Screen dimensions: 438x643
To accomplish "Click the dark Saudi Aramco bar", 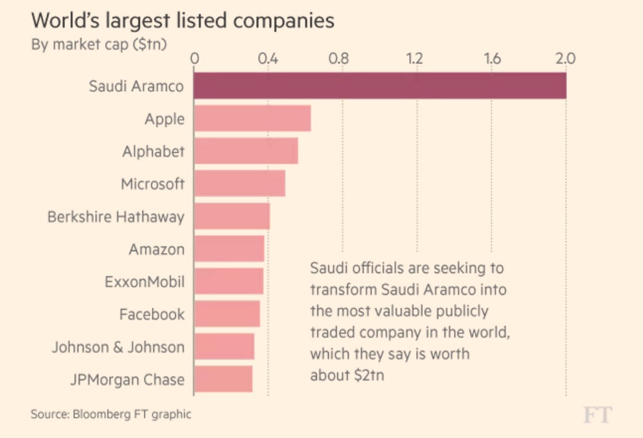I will pyautogui.click(x=379, y=86).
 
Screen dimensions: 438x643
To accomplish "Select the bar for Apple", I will pyautogui.click(x=252, y=119).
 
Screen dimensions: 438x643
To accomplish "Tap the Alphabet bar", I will pyautogui.click(x=246, y=152).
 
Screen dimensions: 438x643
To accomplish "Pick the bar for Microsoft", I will pyautogui.click(x=239, y=185).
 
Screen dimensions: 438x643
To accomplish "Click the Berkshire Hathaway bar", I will pyautogui.click(x=231, y=217).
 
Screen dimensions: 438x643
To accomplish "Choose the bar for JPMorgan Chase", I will pyautogui.click(x=222, y=379).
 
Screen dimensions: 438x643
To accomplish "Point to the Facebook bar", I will pyautogui.click(x=226, y=315).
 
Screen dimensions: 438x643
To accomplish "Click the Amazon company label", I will pyautogui.click(x=156, y=250).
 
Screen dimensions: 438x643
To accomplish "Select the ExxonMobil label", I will pyautogui.click(x=144, y=282).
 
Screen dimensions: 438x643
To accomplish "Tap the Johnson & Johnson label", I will pyautogui.click(x=118, y=347).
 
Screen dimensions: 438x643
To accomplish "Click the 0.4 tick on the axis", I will pyautogui.click(x=267, y=59).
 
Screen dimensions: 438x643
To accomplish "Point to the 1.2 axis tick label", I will pyautogui.click(x=416, y=59).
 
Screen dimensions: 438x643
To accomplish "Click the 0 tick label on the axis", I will pyautogui.click(x=194, y=59).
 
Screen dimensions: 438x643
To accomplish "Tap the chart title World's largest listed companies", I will pyautogui.click(x=183, y=21).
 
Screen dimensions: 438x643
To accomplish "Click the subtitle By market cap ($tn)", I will pyautogui.click(x=99, y=45).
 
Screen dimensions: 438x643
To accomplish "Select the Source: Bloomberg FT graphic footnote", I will pyautogui.click(x=111, y=414).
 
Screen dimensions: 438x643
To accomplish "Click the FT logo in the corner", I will pyautogui.click(x=597, y=415).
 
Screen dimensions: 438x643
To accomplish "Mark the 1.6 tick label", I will pyautogui.click(x=492, y=59).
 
